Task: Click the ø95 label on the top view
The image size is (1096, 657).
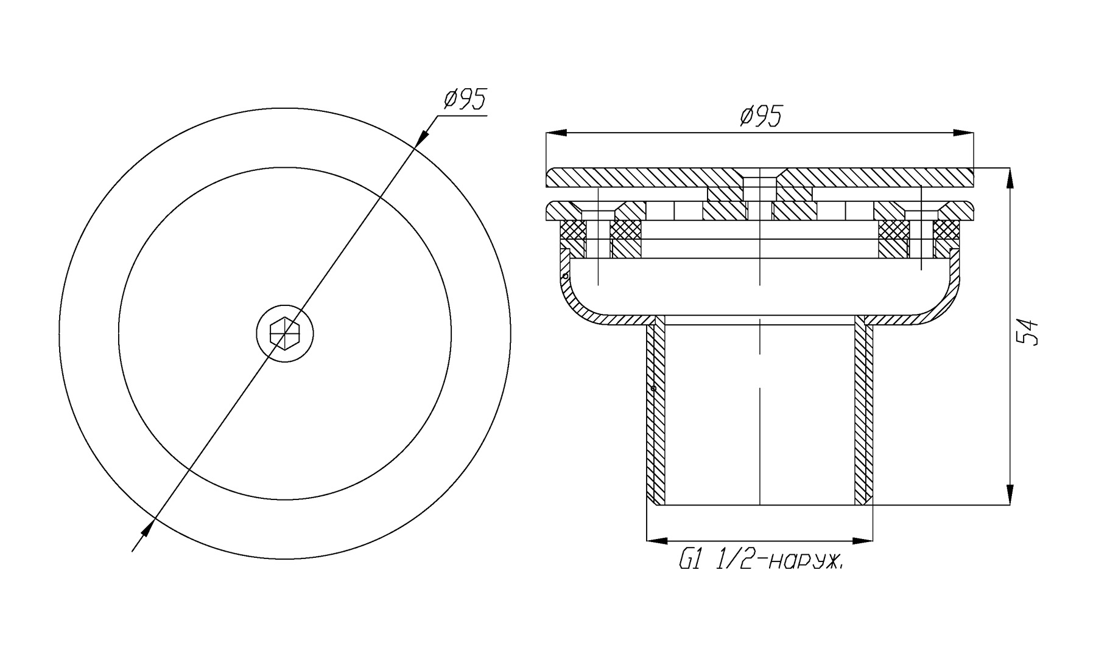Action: point(465,99)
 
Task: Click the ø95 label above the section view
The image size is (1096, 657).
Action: point(761,116)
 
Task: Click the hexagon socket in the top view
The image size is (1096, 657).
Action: point(285,333)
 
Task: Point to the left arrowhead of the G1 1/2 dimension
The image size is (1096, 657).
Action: point(656,540)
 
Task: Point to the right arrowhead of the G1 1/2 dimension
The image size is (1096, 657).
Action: point(863,540)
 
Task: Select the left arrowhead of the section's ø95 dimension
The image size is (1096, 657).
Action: point(557,133)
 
